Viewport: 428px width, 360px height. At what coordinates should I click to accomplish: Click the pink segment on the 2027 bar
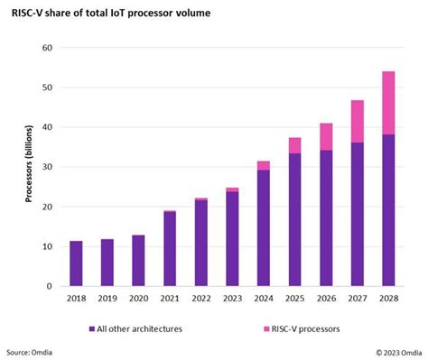[358, 121]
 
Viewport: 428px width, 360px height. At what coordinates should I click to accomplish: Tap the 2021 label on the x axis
[170, 299]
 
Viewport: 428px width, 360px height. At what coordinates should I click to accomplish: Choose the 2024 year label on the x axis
[264, 299]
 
